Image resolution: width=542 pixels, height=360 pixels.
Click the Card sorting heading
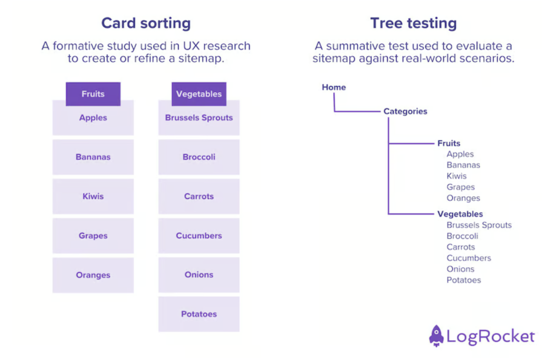(145, 24)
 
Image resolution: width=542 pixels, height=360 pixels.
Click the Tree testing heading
(414, 24)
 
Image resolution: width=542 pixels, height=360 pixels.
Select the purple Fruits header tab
(93, 94)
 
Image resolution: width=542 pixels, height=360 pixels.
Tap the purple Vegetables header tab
(199, 94)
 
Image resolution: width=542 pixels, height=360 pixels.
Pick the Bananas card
(93, 157)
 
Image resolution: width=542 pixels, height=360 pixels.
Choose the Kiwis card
(93, 197)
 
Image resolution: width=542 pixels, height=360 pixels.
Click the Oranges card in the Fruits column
(93, 275)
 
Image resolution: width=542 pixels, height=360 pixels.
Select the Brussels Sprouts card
(199, 118)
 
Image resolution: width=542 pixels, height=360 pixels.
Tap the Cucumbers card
(199, 236)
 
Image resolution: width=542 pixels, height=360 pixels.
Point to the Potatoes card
(199, 314)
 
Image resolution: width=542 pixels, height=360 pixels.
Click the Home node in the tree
(334, 88)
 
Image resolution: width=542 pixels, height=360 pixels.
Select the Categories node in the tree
(405, 111)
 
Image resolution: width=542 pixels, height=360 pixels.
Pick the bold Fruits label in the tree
(449, 143)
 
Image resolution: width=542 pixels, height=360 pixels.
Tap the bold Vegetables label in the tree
(460, 214)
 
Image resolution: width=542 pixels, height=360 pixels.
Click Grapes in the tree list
(461, 188)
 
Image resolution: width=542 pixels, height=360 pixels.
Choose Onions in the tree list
(461, 269)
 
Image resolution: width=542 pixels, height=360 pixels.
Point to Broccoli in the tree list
(463, 237)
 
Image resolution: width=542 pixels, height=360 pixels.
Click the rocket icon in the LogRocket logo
(437, 335)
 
